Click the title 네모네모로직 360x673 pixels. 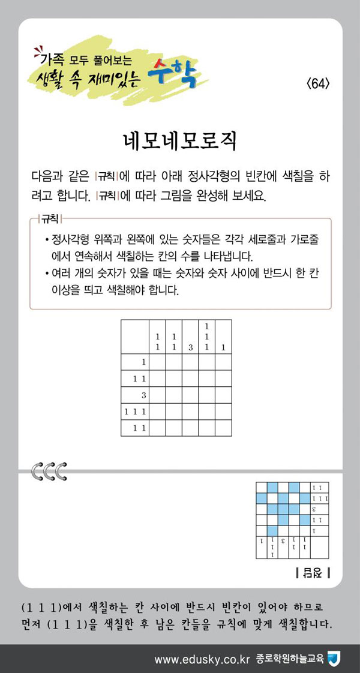tap(180, 142)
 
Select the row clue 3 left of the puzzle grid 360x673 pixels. tap(143, 395)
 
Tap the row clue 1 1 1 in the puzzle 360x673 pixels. tap(135, 411)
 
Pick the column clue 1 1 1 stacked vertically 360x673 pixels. tap(206, 337)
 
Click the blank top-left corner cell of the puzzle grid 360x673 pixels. tap(135, 337)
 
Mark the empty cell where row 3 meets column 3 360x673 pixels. tap(190, 395)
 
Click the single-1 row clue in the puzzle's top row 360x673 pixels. tap(143, 362)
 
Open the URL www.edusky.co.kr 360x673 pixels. tap(201, 659)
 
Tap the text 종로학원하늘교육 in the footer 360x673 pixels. tap(289, 659)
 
